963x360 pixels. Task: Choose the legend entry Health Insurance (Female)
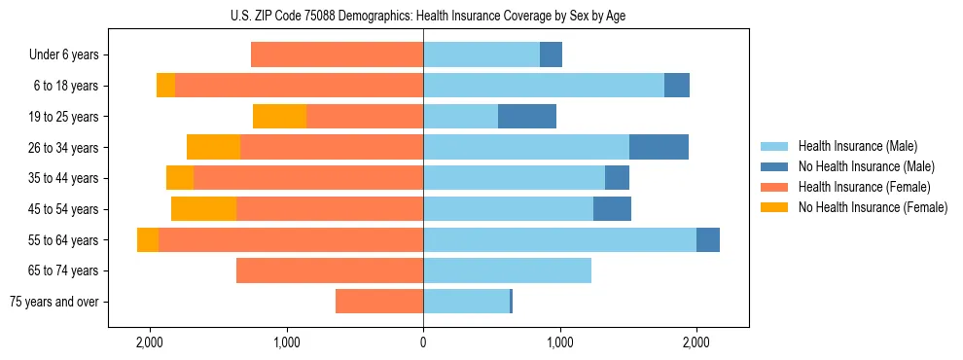pyautogui.click(x=857, y=187)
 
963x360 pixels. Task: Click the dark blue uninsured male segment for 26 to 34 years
pyautogui.click(x=659, y=147)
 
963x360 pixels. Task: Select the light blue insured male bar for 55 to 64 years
pyautogui.click(x=559, y=239)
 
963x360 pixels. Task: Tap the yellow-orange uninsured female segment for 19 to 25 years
pyautogui.click(x=279, y=117)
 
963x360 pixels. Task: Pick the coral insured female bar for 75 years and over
pyautogui.click(x=379, y=302)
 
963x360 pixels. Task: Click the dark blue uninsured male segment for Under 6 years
pyautogui.click(x=551, y=55)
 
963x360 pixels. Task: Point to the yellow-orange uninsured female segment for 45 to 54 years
pyautogui.click(x=203, y=209)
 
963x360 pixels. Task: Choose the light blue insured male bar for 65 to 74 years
pyautogui.click(x=507, y=270)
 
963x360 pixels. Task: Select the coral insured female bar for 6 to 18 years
pyautogui.click(x=299, y=86)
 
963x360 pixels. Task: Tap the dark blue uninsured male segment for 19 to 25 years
pyautogui.click(x=526, y=117)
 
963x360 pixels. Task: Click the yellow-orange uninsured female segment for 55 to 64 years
pyautogui.click(x=148, y=239)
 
